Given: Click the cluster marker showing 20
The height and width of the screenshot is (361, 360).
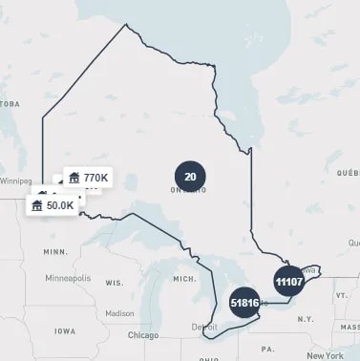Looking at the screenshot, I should (190, 176).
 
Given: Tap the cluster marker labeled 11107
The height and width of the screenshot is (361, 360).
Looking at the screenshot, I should (288, 282).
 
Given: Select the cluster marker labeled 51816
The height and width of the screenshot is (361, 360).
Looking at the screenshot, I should (245, 303).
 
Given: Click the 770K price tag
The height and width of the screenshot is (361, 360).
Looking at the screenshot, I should (88, 178).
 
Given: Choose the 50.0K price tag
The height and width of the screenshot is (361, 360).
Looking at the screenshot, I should (53, 205).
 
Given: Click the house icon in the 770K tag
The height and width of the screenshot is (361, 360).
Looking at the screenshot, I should (74, 178).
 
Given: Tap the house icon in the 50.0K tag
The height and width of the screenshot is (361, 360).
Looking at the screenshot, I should (37, 205).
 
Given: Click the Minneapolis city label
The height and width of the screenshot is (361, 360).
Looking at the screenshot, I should (68, 278).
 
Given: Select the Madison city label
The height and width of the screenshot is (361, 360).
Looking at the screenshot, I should (119, 312).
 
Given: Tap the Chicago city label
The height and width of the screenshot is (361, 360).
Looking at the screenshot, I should (143, 335).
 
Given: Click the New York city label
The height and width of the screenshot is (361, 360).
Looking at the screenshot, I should (326, 355).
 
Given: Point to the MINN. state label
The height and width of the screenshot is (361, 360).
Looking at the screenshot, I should (55, 251).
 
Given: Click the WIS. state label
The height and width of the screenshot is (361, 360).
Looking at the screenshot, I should (115, 284).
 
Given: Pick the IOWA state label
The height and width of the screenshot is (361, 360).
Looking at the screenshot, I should (65, 330).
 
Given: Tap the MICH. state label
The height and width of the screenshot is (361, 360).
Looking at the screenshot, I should (183, 278).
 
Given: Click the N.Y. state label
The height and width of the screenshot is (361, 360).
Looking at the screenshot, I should (305, 317).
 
